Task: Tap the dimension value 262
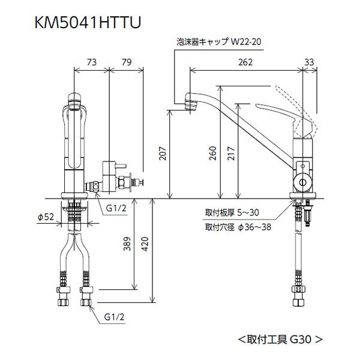point(245,61)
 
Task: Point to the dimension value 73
point(91,61)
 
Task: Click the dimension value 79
point(126,61)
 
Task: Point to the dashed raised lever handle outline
point(300,99)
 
